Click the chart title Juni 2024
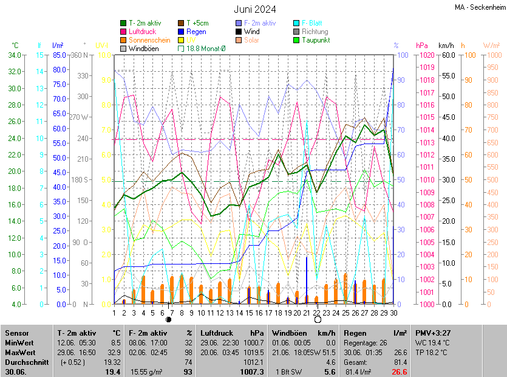pos(255,9)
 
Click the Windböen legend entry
pos(143,48)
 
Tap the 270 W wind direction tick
pos(80,117)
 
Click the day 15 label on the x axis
pos(240,313)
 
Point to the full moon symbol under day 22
pos(317,320)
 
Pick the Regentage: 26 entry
pos(367,342)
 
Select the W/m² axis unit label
pos(492,46)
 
